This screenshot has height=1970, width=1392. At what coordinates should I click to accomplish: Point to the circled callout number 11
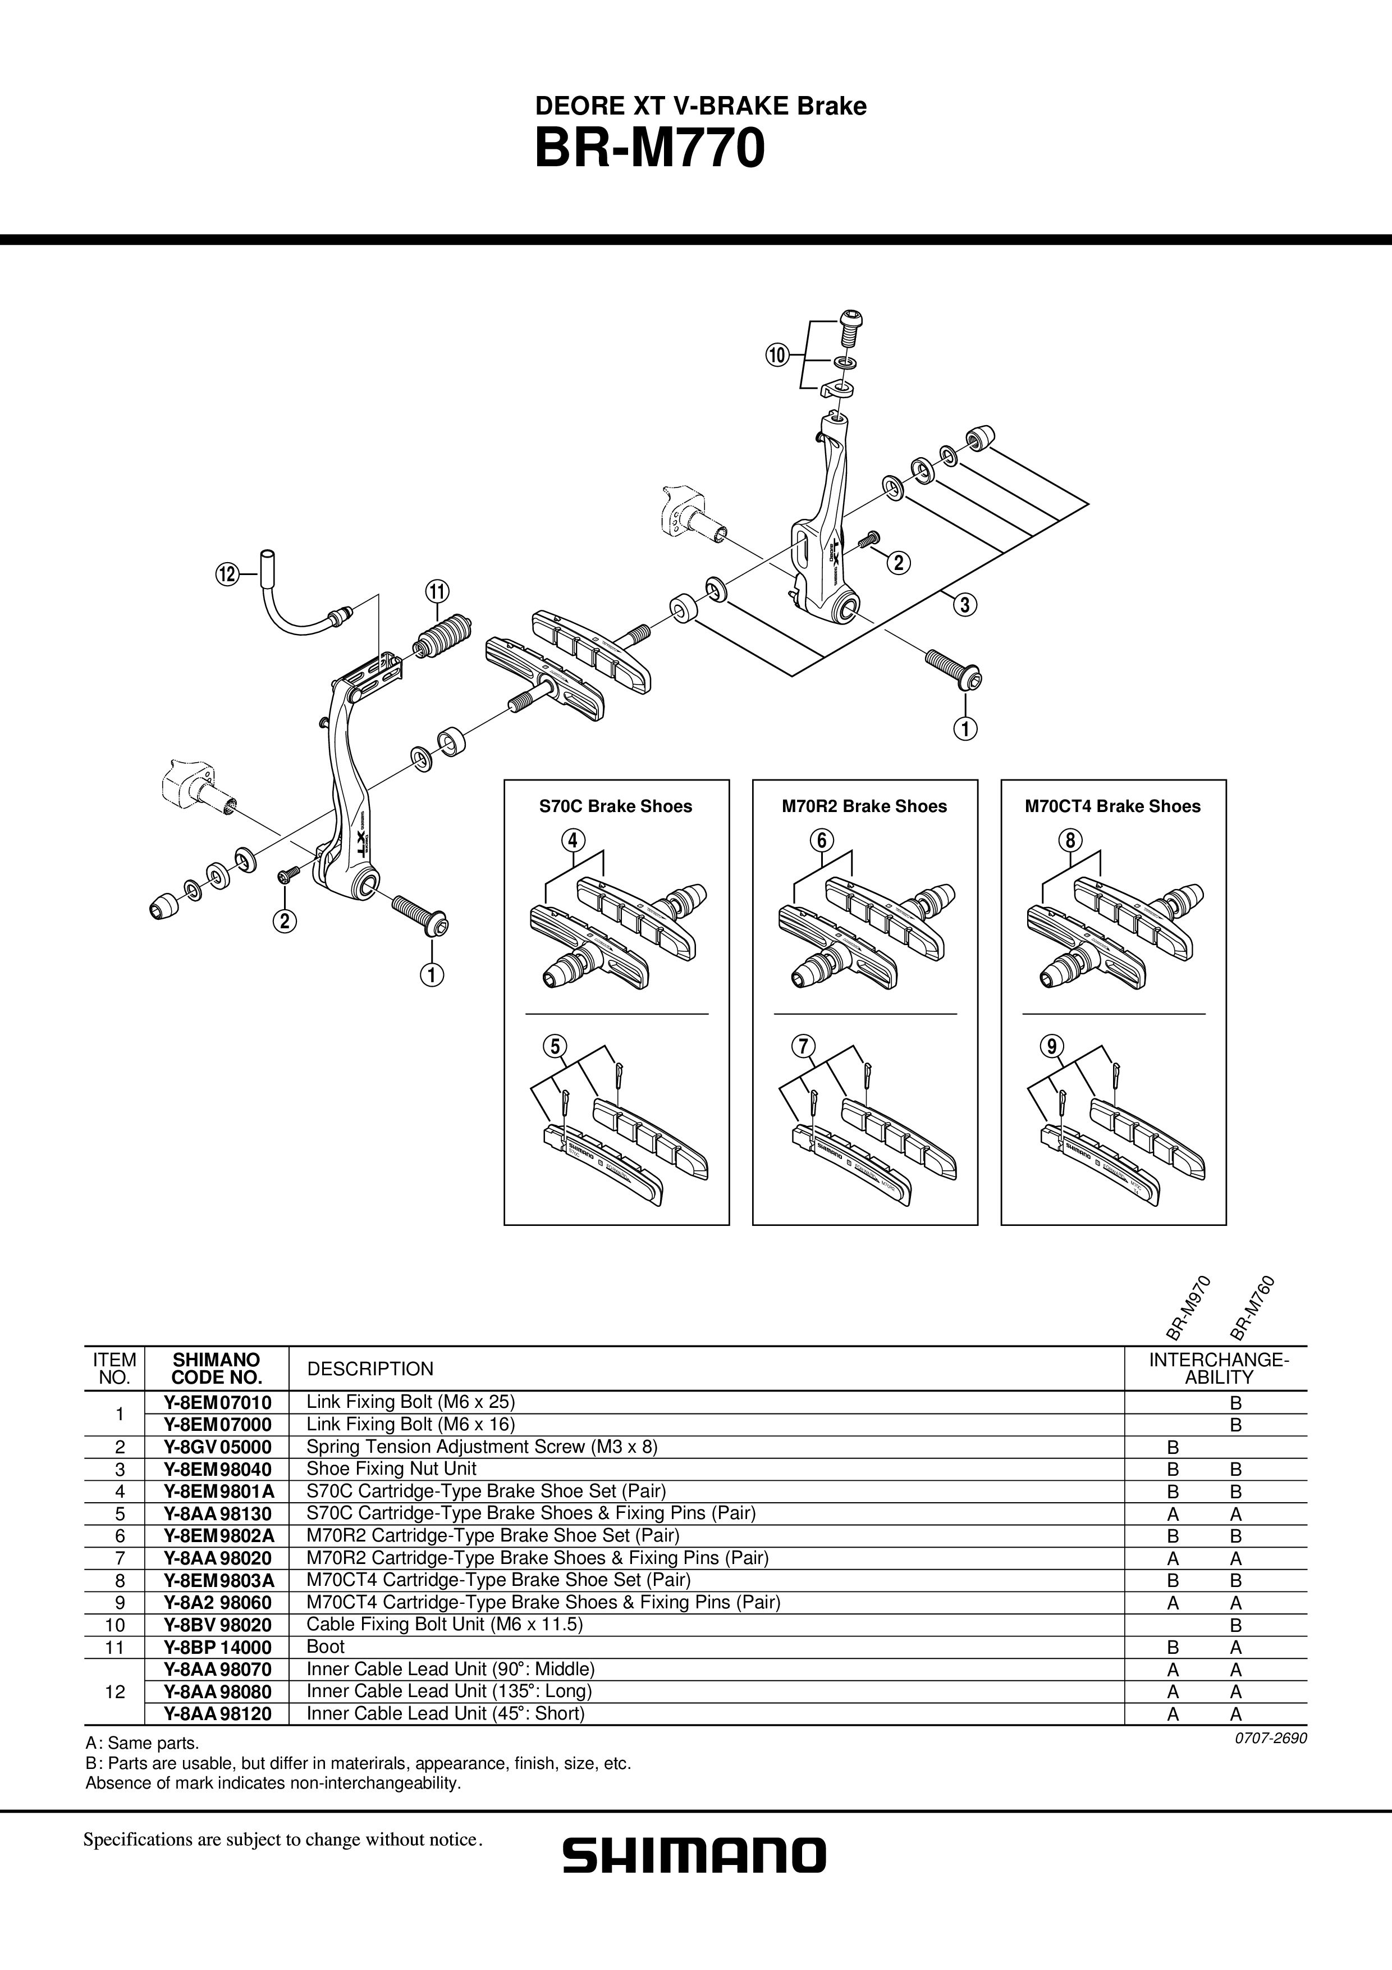pos(436,591)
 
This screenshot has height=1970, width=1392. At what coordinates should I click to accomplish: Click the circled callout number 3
pos(964,604)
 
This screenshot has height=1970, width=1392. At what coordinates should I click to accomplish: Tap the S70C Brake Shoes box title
pos(615,806)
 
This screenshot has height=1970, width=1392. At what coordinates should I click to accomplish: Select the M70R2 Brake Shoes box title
pos(864,806)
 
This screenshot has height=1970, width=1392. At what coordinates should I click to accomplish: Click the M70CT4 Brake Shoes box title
pos(1112,806)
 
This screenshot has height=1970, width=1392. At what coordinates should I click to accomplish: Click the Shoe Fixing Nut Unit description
pos(391,1468)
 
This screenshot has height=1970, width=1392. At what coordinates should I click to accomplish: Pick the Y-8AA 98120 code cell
pos(217,1713)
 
